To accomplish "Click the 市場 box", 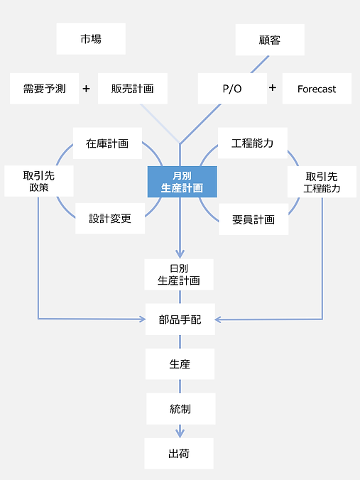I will click(91, 39).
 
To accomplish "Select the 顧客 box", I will click(270, 40).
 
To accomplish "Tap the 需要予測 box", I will click(44, 89).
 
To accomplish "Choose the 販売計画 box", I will click(133, 89).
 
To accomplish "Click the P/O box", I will click(232, 89).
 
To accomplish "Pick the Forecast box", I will click(317, 89).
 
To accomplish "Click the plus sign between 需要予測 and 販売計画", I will click(87, 89).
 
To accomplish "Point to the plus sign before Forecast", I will click(273, 88).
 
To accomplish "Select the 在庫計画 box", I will click(107, 143).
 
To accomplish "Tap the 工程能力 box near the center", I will click(253, 143).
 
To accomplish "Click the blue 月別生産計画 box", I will click(182, 182).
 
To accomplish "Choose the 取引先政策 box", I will click(39, 181).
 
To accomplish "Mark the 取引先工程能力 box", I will click(322, 182).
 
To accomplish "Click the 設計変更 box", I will click(109, 219).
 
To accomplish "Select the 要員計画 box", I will click(253, 219).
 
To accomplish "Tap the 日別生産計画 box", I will click(179, 274).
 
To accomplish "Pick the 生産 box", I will click(179, 364).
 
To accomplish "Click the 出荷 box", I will click(179, 453).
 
